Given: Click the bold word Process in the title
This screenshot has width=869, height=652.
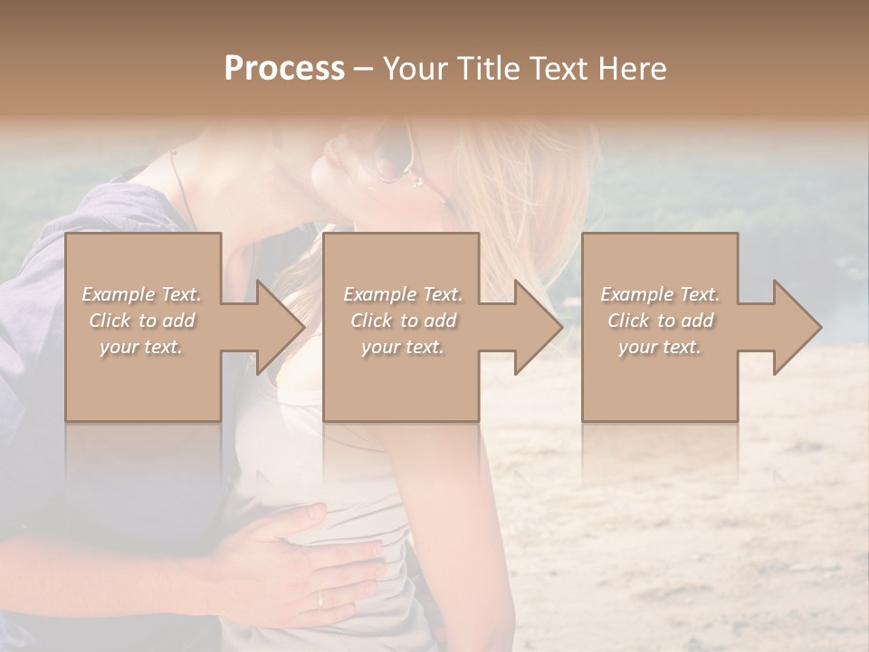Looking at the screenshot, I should pos(284,69).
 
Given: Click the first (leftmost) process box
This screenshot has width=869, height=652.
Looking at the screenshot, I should pos(142,380).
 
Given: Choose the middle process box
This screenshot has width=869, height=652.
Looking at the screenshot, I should pos(401,380).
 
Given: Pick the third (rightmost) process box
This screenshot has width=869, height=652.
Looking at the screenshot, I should pos(659,380).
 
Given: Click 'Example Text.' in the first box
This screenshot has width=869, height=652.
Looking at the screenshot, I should pos(142,294).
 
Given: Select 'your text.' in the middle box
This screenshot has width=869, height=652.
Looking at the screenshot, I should pos(401,347).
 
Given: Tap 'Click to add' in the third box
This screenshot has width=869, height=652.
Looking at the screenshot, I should pos(659,321).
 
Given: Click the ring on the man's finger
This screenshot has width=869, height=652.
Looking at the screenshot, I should pos(322,599).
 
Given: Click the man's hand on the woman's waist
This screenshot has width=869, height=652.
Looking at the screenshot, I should pos(299,561).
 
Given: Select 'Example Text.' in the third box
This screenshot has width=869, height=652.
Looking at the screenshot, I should pos(659,294).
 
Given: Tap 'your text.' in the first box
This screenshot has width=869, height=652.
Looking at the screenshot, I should pos(142,347).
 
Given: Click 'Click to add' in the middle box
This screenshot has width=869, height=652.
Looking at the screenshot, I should pos(401,321).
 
